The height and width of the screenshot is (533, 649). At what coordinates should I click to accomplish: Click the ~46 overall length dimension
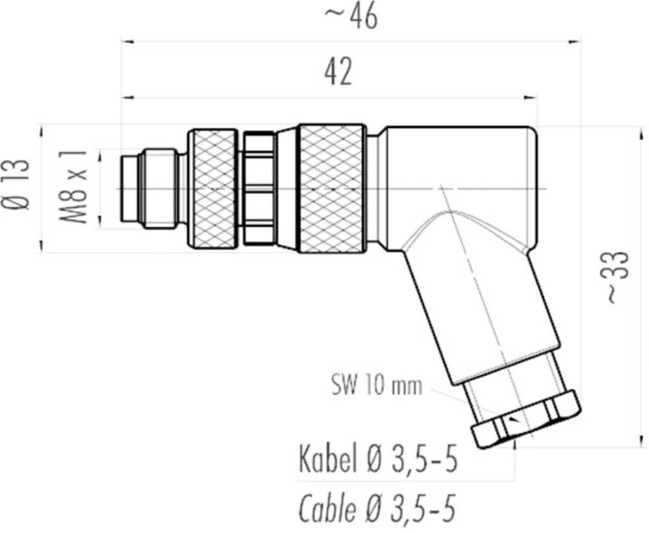(x=350, y=18)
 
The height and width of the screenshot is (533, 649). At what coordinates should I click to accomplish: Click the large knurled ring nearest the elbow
(x=332, y=188)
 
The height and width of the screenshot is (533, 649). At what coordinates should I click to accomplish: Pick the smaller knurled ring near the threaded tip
(x=212, y=189)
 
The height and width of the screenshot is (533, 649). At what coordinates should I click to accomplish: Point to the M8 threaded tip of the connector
(x=149, y=188)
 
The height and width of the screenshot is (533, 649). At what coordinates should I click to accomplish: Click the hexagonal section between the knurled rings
(x=259, y=189)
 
